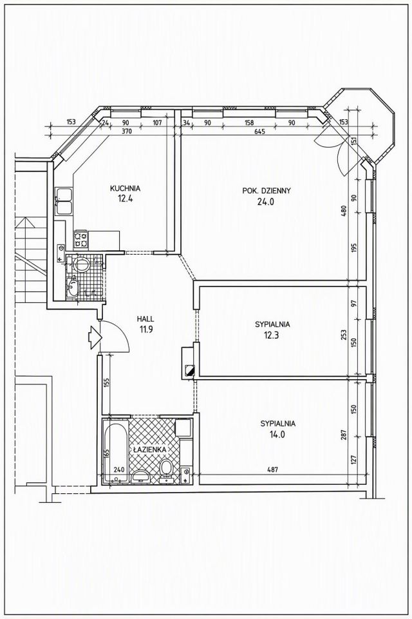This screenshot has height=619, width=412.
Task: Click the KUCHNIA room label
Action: [125, 189]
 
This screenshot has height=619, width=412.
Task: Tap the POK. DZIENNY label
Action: [267, 191]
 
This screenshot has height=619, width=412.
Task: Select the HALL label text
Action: [145, 319]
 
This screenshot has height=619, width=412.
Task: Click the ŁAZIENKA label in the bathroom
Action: [150, 449]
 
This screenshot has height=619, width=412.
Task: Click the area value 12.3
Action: [272, 336]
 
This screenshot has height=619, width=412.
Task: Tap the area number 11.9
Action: [145, 330]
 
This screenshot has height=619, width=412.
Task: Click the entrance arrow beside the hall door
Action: [95, 337]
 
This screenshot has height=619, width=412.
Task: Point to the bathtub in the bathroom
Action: [115, 451]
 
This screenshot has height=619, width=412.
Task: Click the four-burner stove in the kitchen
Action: [82, 239]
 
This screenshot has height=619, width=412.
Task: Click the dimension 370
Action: [127, 131]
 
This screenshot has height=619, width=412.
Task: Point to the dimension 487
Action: [272, 470]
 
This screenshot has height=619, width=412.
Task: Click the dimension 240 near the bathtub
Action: [118, 470]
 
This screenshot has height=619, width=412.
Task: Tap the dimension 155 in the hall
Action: [108, 384]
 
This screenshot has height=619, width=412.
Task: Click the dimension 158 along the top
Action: [248, 123]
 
